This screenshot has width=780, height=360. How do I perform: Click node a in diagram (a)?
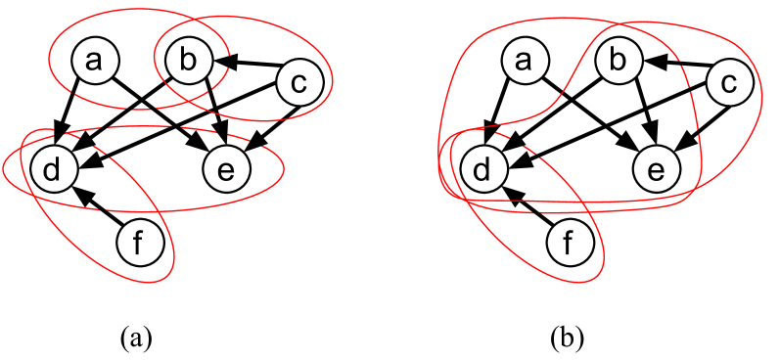tap(95, 62)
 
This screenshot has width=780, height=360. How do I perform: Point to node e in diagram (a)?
tap(226, 169)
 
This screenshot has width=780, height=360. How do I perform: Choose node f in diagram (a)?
tap(138, 243)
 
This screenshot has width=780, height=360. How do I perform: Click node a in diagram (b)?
tap(524, 62)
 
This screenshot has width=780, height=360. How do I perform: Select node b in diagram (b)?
tap(617, 62)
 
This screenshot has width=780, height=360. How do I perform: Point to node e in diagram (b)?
tap(655, 169)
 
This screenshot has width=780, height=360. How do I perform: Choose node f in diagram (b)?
tap(568, 243)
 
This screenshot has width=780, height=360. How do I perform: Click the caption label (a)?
tap(135, 338)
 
